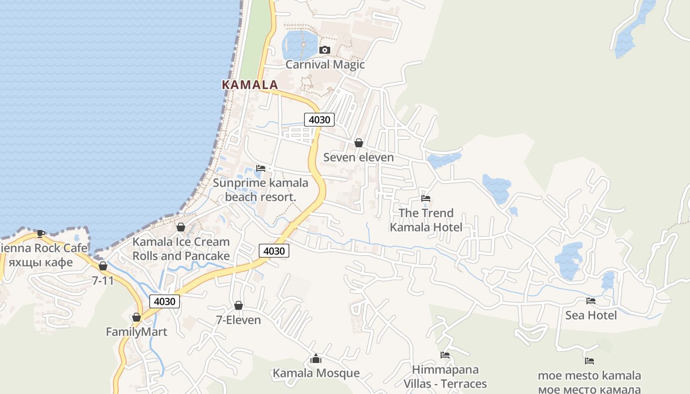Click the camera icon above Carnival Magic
pos(324,50)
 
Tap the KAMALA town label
pos(250,85)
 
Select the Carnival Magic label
pos(325,65)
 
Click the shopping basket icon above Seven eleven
pos(359,143)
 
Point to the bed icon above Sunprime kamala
pos(261,168)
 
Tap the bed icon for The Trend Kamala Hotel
pos(426,198)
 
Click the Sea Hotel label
pos(590,315)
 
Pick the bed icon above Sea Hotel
pos(590,301)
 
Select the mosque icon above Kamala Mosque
pos(316,359)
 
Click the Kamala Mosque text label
pos(316,373)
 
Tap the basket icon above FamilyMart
pos(137,318)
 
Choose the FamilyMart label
pos(137,332)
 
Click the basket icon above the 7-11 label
pos(103,266)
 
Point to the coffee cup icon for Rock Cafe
pos(41,233)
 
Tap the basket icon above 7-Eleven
pos(239,305)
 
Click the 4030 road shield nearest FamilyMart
pos(165,301)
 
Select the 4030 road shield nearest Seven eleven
pos(319,119)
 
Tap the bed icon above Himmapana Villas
pos(445,355)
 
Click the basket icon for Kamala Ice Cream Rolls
pos(181,227)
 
